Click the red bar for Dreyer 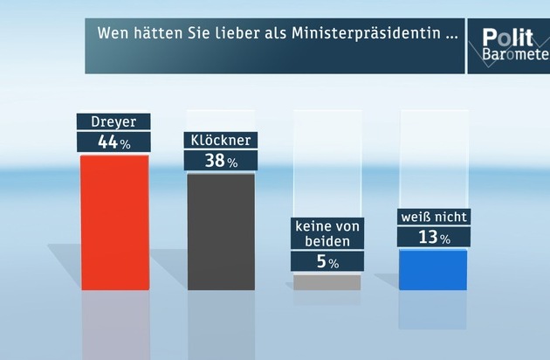(114, 222)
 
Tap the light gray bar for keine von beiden (327, 282)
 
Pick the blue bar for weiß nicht (432, 269)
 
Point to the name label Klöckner (220, 140)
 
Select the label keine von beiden (327, 234)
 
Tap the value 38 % (220, 161)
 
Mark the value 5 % (327, 260)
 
